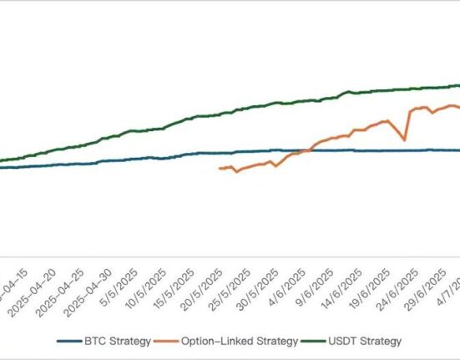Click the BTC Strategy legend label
pyautogui.click(x=117, y=341)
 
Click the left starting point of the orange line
pyautogui.click(x=220, y=169)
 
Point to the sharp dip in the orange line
pyautogui.click(x=404, y=139)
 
